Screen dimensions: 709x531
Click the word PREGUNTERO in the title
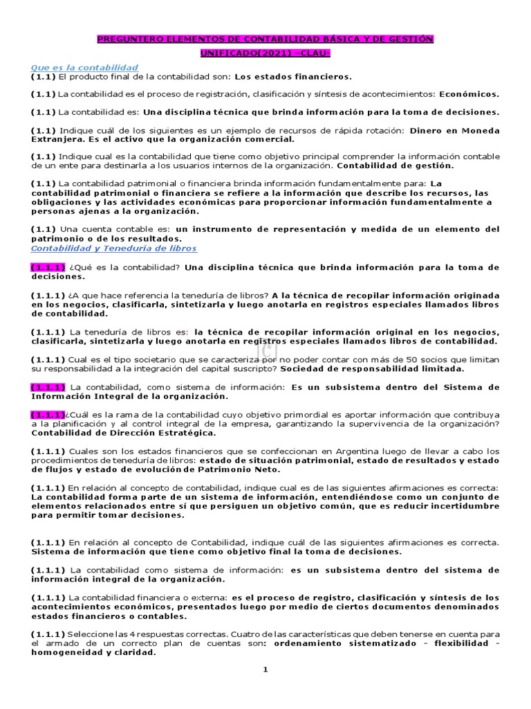coord(127,39)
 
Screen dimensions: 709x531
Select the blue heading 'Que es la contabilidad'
coord(84,67)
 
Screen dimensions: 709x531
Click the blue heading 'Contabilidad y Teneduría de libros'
coord(114,248)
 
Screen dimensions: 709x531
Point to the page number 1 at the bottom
coord(265,670)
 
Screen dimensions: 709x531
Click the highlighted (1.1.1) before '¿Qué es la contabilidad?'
coord(47,267)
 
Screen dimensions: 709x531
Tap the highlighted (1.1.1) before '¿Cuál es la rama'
coord(47,414)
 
